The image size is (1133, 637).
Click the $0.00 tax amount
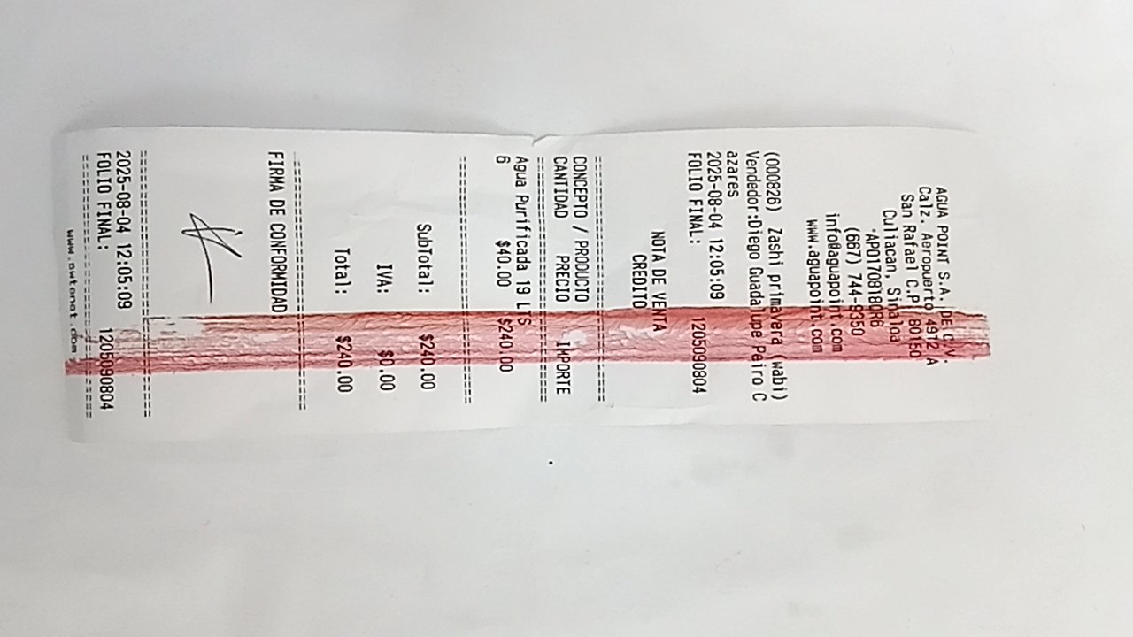385,371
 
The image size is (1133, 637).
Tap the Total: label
343,271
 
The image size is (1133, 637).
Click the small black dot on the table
551,463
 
